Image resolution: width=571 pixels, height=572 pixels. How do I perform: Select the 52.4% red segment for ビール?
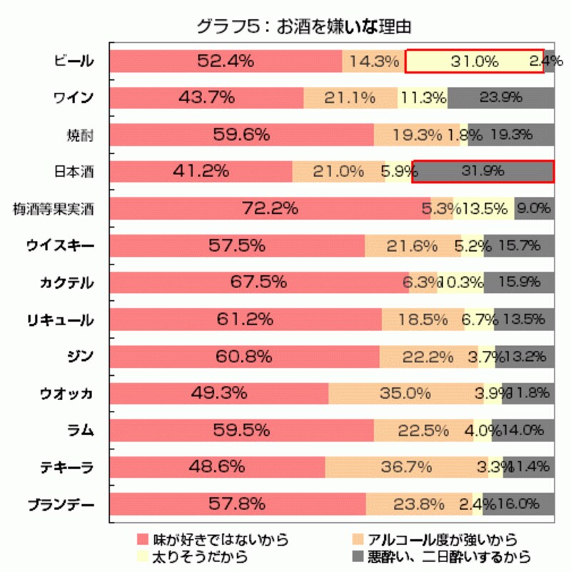(x=226, y=61)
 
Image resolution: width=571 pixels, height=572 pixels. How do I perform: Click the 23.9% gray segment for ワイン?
(x=501, y=98)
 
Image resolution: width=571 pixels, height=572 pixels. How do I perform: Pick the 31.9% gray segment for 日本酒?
(x=483, y=171)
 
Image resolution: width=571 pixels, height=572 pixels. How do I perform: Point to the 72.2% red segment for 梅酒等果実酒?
(x=270, y=209)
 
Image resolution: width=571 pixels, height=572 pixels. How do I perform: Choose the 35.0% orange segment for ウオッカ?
(x=406, y=393)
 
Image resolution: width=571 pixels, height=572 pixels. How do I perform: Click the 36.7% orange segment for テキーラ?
(x=407, y=467)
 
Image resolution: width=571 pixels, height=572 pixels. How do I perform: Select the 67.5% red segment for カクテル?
(x=259, y=282)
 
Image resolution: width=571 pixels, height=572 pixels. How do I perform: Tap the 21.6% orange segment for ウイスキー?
(x=413, y=246)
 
